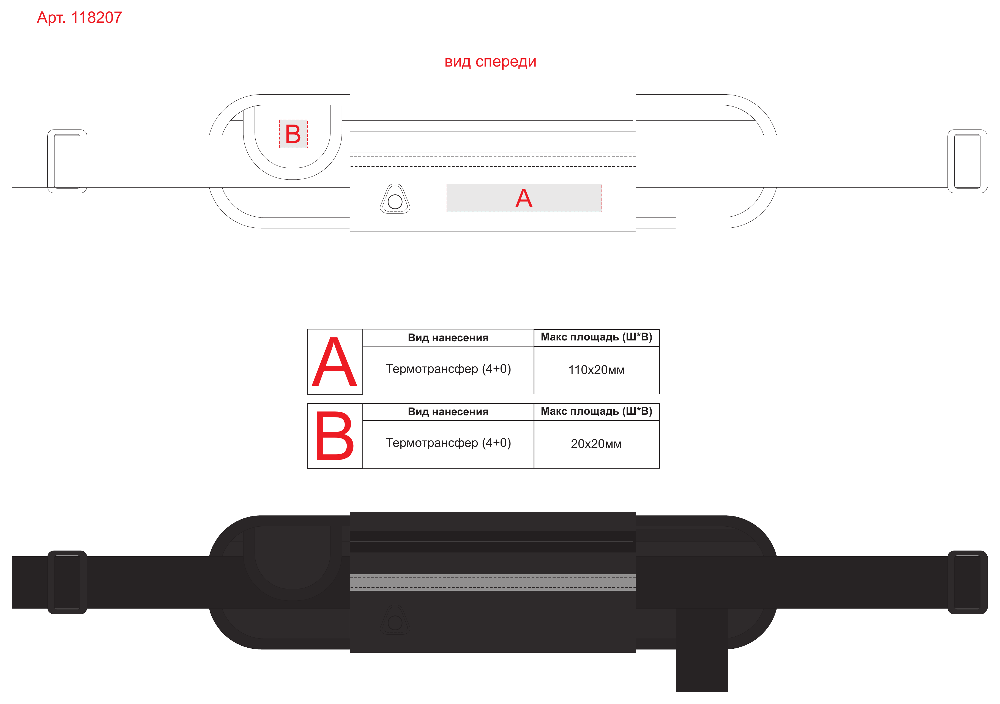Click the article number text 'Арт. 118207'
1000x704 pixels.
79,17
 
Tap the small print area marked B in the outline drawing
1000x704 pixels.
293,134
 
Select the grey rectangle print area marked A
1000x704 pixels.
524,198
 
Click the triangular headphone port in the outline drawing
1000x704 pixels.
395,199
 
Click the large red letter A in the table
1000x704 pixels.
335,362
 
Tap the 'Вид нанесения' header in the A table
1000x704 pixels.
448,338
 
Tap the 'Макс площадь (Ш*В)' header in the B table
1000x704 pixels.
596,411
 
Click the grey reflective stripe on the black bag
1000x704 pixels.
493,582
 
